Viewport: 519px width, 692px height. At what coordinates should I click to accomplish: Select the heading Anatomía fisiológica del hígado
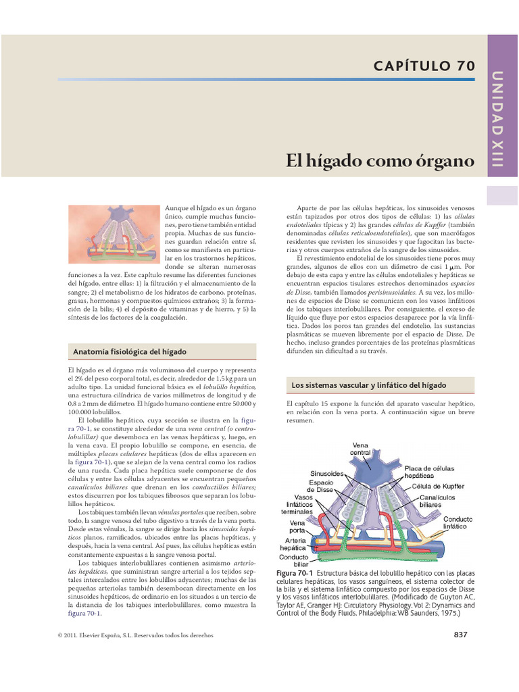pos(129,352)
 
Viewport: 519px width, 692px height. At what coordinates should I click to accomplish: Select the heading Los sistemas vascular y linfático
pos(368,385)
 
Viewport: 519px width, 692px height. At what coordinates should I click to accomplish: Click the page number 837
pos(460,634)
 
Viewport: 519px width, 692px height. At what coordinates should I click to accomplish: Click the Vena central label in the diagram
pos(360,449)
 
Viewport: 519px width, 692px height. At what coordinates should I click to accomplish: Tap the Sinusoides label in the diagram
pos(328,474)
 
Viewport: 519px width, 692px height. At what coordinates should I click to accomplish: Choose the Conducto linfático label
pos(458,522)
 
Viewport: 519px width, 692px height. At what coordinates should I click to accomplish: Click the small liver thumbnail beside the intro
pos(114,234)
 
